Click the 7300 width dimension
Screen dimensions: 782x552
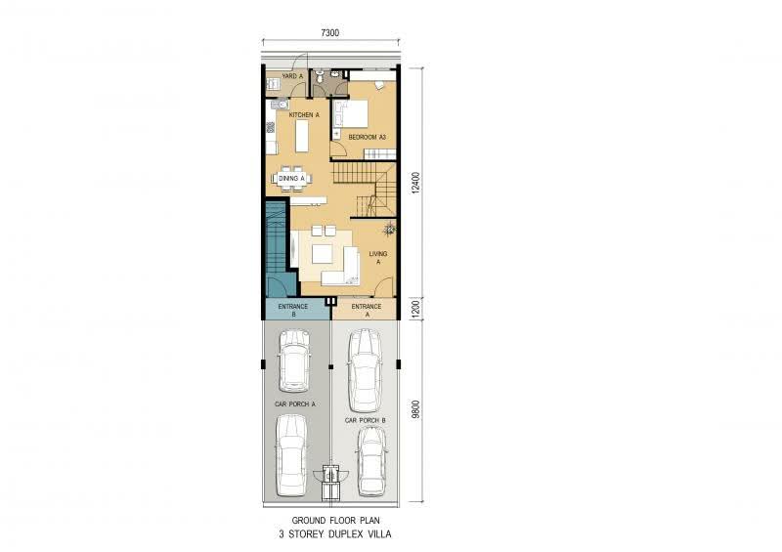coord(330,33)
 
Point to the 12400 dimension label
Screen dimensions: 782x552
coord(416,183)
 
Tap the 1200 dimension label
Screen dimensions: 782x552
coord(416,309)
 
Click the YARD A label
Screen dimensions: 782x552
coord(292,76)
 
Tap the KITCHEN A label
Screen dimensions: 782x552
coord(304,114)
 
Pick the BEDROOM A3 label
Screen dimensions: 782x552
coord(368,137)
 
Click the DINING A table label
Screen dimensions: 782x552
coord(291,178)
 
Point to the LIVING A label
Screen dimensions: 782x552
coord(378,257)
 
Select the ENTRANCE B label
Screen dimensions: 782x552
coord(293,310)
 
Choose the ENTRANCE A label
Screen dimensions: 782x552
coord(367,310)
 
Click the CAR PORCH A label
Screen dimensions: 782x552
coord(295,403)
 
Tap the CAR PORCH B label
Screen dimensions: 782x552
coord(365,420)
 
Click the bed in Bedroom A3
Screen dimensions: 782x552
coord(351,114)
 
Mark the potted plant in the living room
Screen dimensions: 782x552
coord(389,229)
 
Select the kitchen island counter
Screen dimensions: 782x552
coord(302,136)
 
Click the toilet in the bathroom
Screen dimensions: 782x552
coord(321,76)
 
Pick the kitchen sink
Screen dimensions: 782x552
coord(280,105)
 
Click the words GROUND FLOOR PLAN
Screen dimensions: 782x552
coord(335,520)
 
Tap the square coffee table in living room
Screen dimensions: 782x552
coord(323,254)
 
